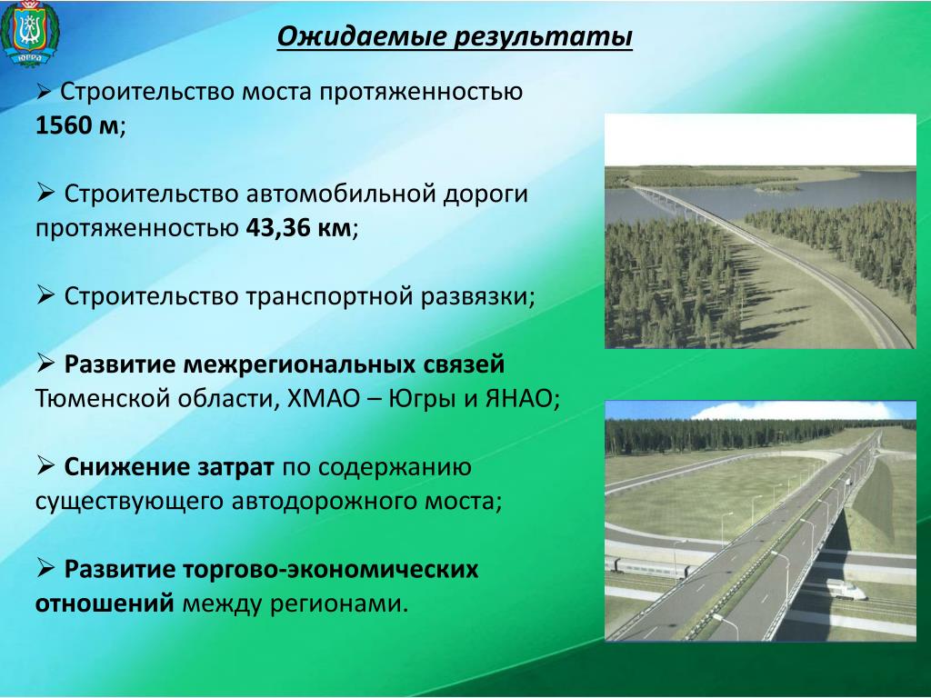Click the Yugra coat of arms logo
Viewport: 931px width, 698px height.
[30, 35]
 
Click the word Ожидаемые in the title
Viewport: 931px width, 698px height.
[362, 36]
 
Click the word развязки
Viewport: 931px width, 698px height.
[478, 296]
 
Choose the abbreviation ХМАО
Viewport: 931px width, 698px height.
[324, 398]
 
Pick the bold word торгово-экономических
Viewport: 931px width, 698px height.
[330, 570]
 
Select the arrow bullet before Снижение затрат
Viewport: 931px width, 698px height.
[45, 466]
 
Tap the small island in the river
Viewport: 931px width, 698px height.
[776, 188]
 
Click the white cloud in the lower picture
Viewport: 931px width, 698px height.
[790, 411]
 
